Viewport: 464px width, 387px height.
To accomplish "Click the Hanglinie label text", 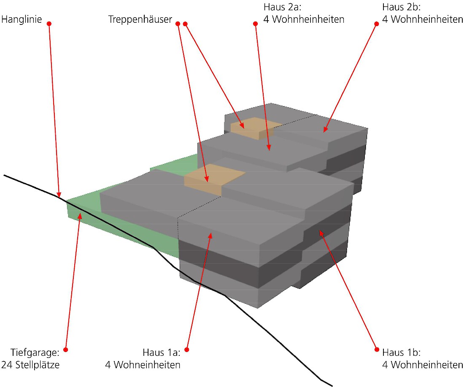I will pyautogui.click(x=22, y=19).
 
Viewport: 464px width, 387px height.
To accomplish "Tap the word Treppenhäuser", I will pyautogui.click(x=140, y=19).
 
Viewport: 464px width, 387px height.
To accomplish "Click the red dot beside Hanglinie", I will pyautogui.click(x=49, y=24).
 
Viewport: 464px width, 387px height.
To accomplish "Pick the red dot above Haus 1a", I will pyautogui.click(x=187, y=350).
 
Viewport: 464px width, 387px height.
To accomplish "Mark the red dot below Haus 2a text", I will pyautogui.click(x=255, y=24).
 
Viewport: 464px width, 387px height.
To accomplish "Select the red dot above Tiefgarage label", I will pyautogui.click(x=66, y=350).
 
